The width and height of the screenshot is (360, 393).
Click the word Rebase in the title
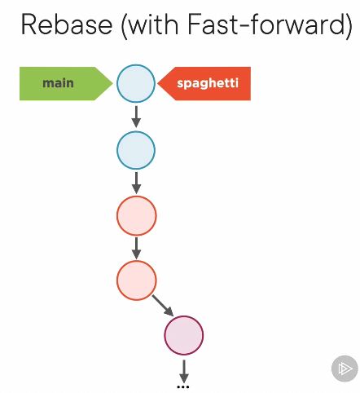click(x=67, y=24)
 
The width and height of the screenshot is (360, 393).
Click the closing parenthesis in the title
click(x=349, y=26)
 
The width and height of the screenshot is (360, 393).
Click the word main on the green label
click(x=58, y=83)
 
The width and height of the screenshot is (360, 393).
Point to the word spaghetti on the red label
click(x=208, y=83)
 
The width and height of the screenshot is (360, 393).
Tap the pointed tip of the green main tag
click(x=112, y=83)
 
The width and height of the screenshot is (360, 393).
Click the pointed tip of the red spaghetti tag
click(x=157, y=83)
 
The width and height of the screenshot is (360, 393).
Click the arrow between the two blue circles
click(x=136, y=117)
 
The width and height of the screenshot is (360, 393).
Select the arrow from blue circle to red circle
click(x=136, y=183)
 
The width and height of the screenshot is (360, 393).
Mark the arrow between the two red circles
click(x=136, y=248)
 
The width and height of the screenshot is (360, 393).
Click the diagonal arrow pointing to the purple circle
click(x=163, y=306)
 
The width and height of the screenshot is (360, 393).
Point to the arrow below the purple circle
click(x=184, y=372)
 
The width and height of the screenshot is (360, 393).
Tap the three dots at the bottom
click(x=183, y=386)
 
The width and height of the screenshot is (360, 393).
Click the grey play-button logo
click(x=345, y=369)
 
